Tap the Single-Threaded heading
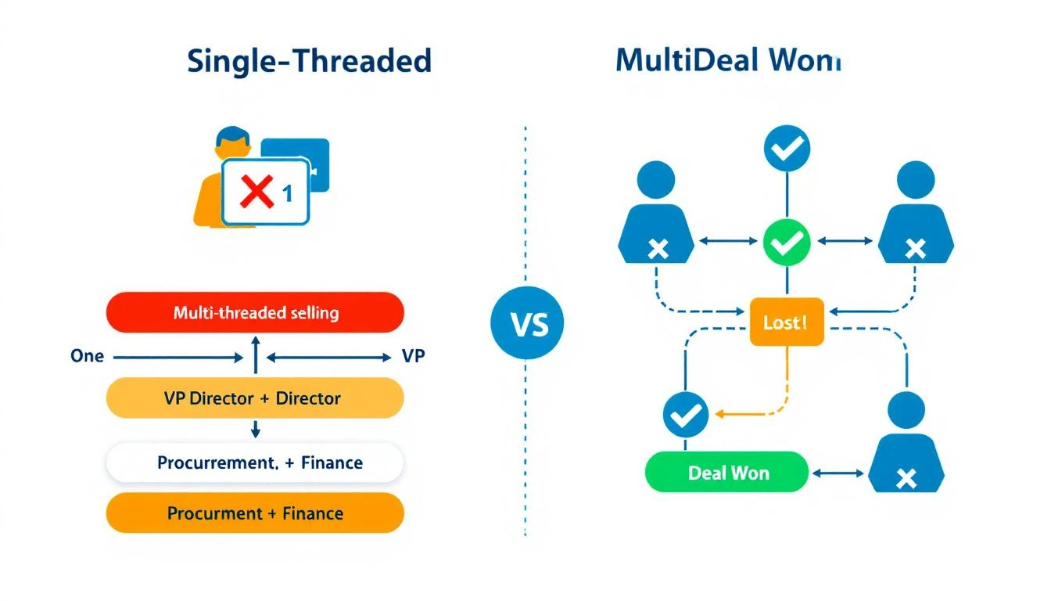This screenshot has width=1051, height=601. tap(309, 61)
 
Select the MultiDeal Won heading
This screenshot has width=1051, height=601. tap(727, 61)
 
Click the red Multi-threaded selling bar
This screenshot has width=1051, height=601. tap(255, 313)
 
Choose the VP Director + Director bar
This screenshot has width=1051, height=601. tap(255, 398)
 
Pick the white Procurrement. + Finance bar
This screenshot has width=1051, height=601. tap(255, 462)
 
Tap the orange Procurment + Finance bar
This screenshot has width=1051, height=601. tap(255, 513)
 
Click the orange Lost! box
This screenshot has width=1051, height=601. tap(787, 322)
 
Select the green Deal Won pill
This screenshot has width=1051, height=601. tap(726, 473)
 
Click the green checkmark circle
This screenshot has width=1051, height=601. tap(787, 243)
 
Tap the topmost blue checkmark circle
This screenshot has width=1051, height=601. tap(787, 149)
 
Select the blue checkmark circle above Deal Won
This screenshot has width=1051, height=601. tap(686, 416)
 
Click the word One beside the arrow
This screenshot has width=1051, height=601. tap(87, 356)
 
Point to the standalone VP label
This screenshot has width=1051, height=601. tap(413, 356)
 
